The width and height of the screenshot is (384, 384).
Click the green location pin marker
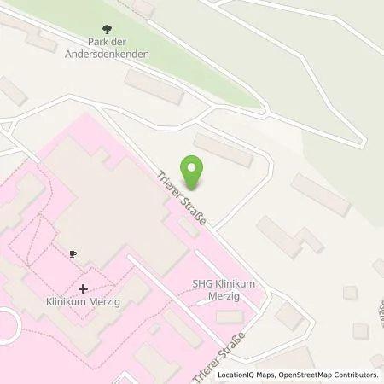click(x=194, y=172)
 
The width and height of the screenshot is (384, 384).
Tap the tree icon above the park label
click(x=106, y=30)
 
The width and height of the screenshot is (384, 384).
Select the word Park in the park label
click(x=96, y=43)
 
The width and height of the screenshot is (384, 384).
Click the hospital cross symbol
click(x=83, y=288)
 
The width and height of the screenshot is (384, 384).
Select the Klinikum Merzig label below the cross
click(x=82, y=302)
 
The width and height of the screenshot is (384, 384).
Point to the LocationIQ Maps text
click(x=243, y=375)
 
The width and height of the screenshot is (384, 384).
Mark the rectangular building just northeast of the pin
click(x=223, y=149)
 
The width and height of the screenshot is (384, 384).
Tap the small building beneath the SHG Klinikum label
click(x=229, y=317)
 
